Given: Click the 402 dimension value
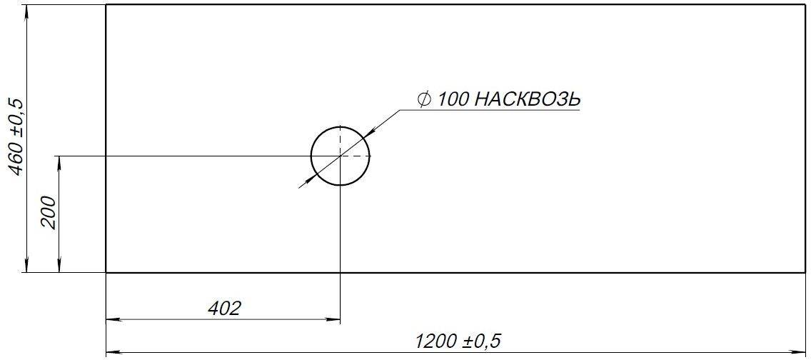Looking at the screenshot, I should (224, 309).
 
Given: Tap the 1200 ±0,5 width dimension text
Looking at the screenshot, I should (458, 341).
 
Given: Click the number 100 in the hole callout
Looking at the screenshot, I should (453, 99).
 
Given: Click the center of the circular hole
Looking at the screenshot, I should (341, 156).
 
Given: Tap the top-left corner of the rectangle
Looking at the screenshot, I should (106, 5).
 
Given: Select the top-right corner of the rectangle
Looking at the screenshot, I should (805, 5).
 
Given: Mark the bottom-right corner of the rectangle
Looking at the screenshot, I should (805, 272).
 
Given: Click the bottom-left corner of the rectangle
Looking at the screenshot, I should (106, 272).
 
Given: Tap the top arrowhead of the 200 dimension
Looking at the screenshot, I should (59, 161).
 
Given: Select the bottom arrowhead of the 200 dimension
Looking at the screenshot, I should (59, 266).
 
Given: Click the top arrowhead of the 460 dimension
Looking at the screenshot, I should (27, 11).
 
